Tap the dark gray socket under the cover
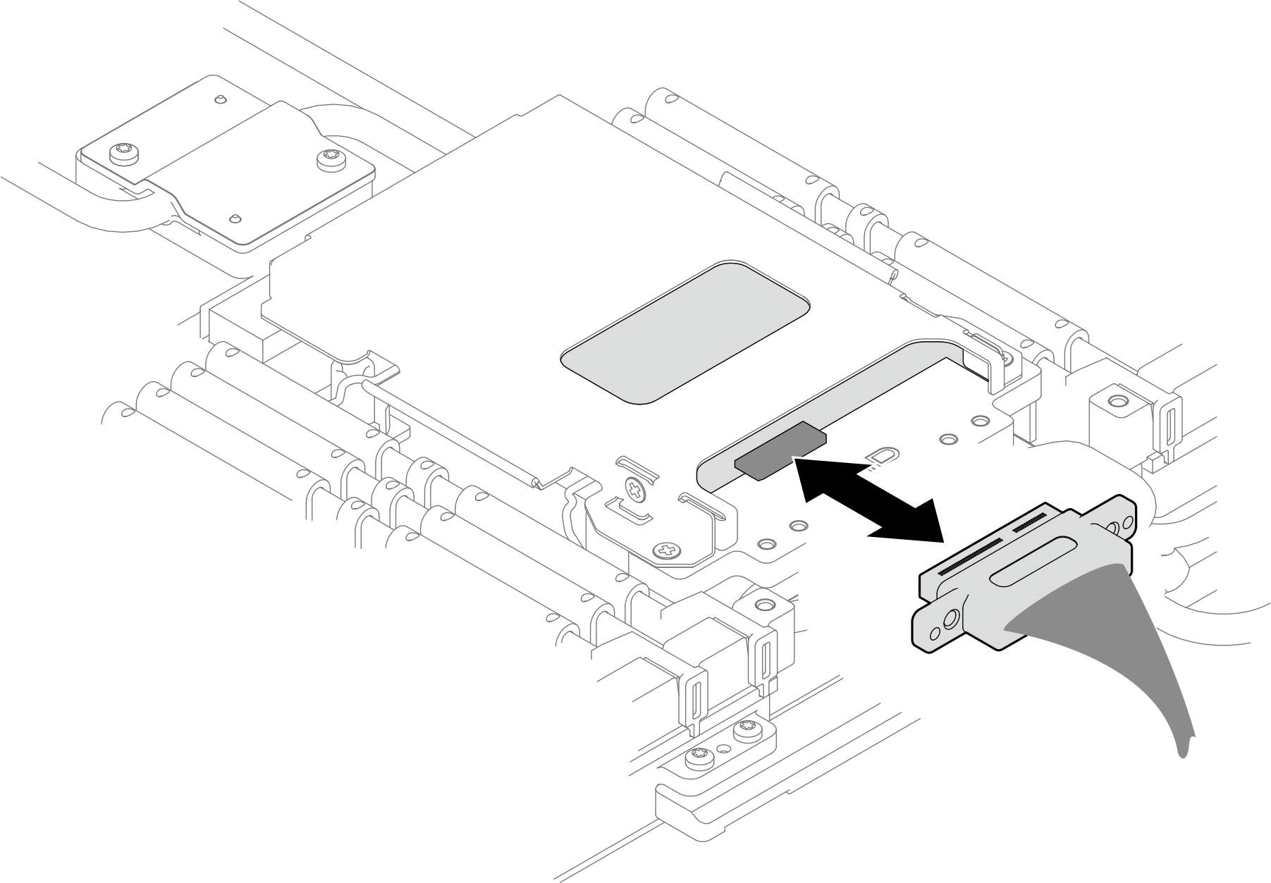pyautogui.click(x=779, y=451)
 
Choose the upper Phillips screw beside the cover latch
pyautogui.click(x=635, y=489)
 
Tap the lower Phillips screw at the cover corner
pyautogui.click(x=666, y=551)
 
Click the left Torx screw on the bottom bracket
pyautogui.click(x=699, y=757)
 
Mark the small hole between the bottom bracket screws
pyautogui.click(x=723, y=747)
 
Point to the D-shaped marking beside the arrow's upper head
pyautogui.click(x=880, y=457)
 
